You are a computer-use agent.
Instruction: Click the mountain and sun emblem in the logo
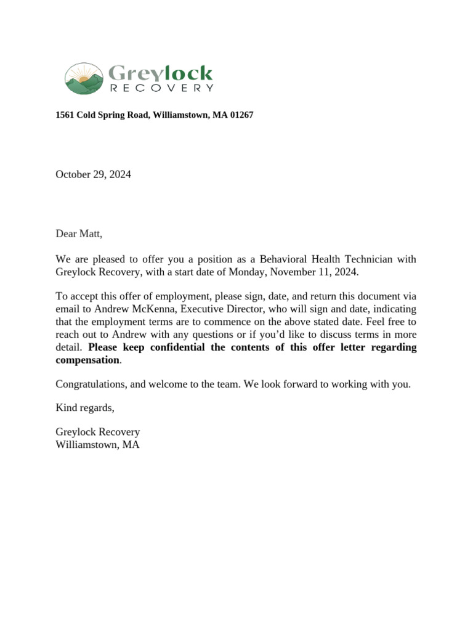[84, 78]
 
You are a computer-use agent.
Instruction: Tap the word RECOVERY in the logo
[161, 88]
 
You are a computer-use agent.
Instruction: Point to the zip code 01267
[241, 115]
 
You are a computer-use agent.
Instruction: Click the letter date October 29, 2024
[93, 174]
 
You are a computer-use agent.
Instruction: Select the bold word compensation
[87, 360]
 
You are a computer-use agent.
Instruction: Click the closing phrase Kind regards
[85, 408]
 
